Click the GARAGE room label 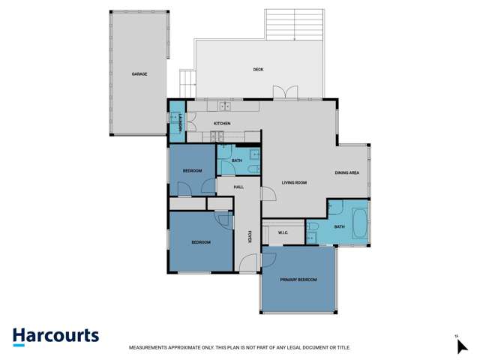pos(139,74)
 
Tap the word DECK pos(258,70)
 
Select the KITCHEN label pos(222,123)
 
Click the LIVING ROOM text pos(294,182)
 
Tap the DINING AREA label pos(346,173)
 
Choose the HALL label pos(238,187)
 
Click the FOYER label pos(249,236)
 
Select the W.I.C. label pos(283,232)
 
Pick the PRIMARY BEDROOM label pos(298,280)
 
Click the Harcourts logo pos(55,336)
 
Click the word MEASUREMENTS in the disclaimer pos(152,348)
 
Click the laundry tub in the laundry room pos(177,119)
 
